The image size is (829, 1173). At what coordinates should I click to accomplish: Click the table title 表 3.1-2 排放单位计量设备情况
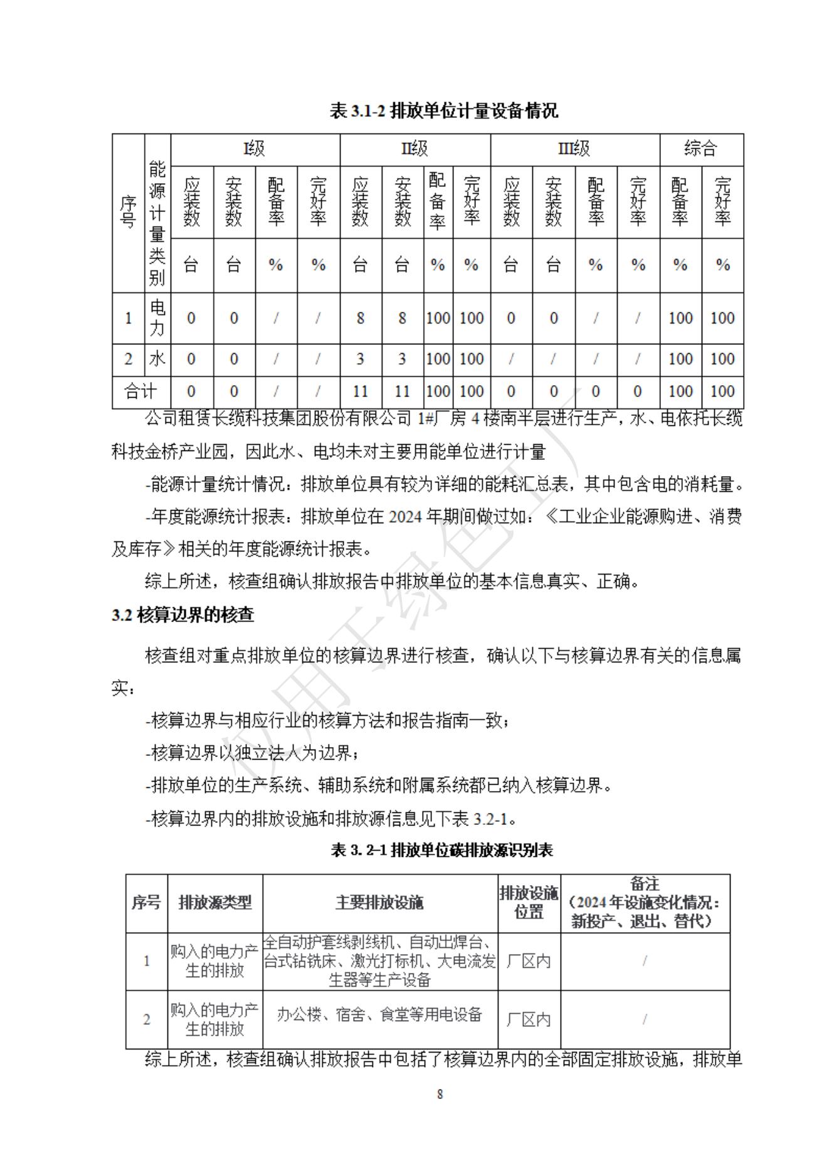[x=443, y=112]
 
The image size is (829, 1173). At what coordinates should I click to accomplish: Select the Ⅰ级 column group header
[x=255, y=149]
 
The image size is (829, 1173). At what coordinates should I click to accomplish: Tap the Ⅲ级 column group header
[x=574, y=149]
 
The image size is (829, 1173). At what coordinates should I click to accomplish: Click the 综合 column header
[x=700, y=149]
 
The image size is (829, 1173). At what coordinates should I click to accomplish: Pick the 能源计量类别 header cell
[x=157, y=223]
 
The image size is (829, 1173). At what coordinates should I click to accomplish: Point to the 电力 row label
[x=157, y=317]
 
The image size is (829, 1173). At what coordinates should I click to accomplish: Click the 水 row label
[x=157, y=359]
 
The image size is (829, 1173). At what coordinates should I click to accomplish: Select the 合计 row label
[x=141, y=391]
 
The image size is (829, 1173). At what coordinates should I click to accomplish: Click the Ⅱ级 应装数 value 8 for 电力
[x=360, y=318]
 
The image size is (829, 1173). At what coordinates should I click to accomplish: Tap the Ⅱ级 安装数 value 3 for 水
[x=402, y=359]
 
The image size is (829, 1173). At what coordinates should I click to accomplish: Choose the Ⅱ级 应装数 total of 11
[x=360, y=391]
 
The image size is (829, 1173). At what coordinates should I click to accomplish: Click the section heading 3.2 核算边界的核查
[x=183, y=615]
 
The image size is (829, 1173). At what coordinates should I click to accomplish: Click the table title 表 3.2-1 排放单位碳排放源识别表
[x=442, y=850]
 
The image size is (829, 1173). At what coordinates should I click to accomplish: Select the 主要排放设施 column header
[x=379, y=902]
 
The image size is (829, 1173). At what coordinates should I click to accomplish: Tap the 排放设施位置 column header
[x=529, y=902]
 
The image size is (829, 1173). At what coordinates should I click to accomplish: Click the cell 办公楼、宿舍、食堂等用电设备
[x=379, y=1014]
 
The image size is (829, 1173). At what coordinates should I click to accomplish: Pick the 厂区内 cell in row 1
[x=529, y=961]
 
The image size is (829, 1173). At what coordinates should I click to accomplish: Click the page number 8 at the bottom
[x=440, y=1094]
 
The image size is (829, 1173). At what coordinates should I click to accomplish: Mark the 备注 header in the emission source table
[x=645, y=884]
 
